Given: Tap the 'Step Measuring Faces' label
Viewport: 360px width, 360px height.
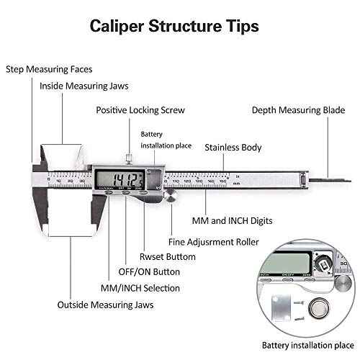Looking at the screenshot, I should (49, 69).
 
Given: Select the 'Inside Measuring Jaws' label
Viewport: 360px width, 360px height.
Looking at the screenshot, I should (84, 86).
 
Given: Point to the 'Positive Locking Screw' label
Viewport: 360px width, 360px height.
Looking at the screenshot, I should (140, 110).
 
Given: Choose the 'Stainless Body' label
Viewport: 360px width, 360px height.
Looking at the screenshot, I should (233, 148).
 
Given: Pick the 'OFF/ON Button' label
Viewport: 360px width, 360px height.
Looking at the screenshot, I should (148, 271).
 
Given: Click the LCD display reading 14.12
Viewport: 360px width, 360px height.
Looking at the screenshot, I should (118, 179).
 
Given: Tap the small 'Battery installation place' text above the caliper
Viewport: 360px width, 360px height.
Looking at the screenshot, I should (166, 140).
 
